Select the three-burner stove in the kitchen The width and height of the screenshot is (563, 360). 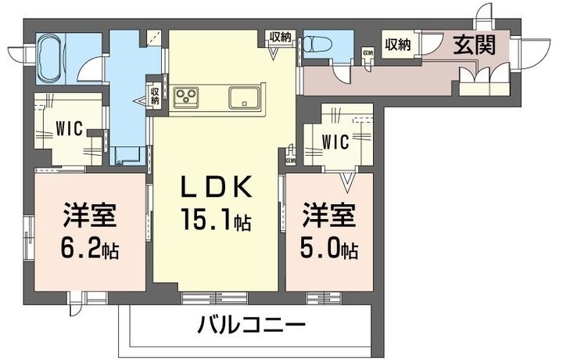pyautogui.click(x=188, y=97)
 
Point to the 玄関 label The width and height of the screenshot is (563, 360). pyautogui.click(x=475, y=45)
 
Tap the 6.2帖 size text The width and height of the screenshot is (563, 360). pyautogui.click(x=91, y=250)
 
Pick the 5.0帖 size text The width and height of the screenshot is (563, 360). pyautogui.click(x=328, y=250)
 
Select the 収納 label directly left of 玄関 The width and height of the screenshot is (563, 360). pyautogui.click(x=397, y=44)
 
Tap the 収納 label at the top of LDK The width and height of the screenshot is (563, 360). pyautogui.click(x=281, y=36)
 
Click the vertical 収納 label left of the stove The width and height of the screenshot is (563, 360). pyautogui.click(x=156, y=93)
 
